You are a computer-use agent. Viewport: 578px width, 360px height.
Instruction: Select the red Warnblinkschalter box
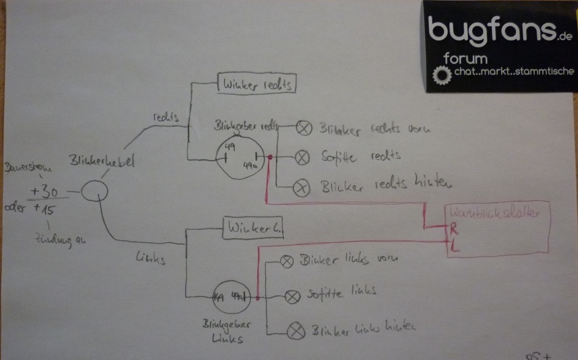[x=498, y=228]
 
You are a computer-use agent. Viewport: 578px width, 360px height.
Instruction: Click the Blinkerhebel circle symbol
[x=94, y=190]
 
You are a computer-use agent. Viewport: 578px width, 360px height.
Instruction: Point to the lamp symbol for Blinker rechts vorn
[x=303, y=128]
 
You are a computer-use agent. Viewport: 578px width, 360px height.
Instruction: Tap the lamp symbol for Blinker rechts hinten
[x=300, y=187]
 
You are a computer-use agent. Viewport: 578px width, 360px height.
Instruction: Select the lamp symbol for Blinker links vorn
[x=286, y=262]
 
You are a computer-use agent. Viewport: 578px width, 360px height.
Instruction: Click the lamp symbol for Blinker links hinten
[x=297, y=331]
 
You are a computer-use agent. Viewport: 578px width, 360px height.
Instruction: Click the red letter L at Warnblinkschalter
[x=454, y=247]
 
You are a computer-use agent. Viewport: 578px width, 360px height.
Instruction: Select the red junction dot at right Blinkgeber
[x=269, y=157]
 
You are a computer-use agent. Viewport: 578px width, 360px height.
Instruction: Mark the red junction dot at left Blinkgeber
[x=256, y=298]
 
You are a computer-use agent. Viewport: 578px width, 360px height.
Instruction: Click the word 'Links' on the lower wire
[x=151, y=259]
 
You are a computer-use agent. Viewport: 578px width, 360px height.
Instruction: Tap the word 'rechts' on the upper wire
[x=166, y=116]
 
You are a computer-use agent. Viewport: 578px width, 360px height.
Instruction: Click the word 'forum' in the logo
[x=465, y=58]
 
